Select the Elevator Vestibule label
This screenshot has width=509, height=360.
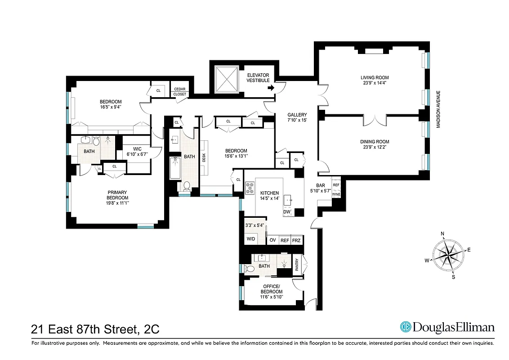258,77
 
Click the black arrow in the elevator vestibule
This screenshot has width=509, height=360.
271,88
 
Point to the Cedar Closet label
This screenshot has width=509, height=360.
180,92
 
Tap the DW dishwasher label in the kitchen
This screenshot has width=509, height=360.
286,212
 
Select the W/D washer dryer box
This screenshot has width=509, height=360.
251,239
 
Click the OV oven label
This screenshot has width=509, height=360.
272,241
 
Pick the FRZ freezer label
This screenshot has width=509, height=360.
296,241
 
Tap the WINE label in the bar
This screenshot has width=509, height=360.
336,194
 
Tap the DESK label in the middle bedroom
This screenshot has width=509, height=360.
204,157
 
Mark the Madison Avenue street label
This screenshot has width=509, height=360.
438,109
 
